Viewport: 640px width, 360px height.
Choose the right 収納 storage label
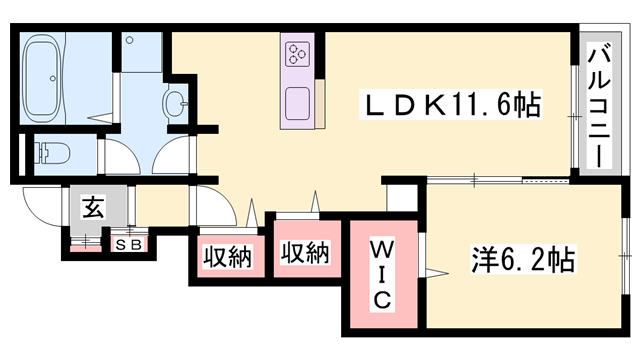pyautogui.click(x=305, y=254)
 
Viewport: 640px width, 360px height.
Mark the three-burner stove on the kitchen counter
pyautogui.click(x=299, y=54)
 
